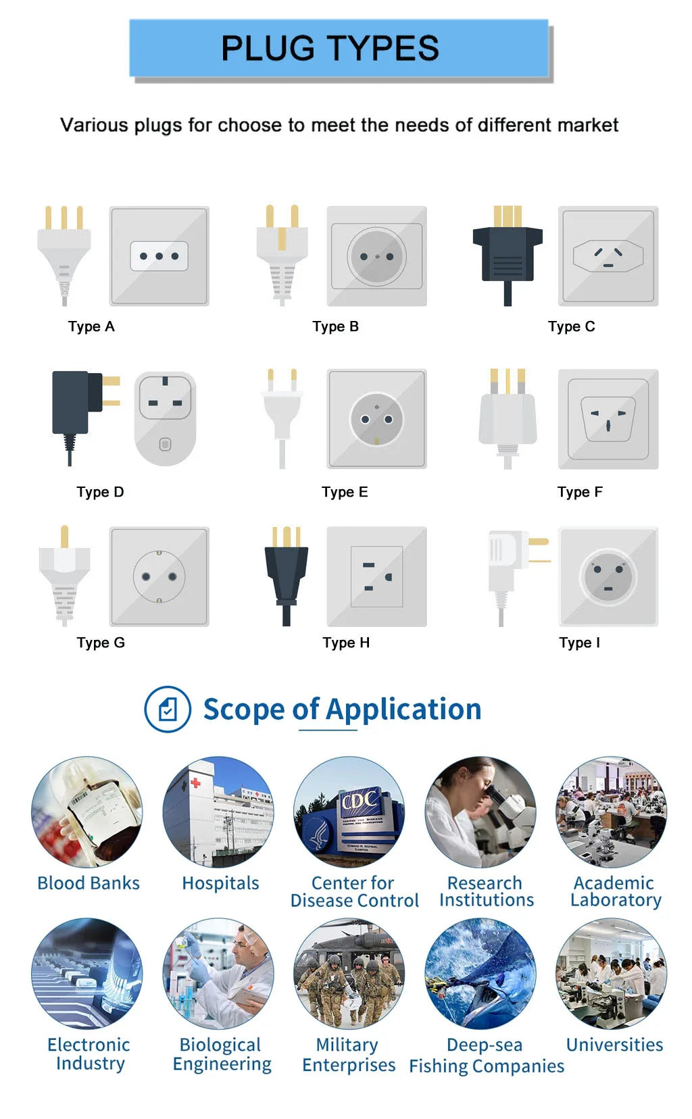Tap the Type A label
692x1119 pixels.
click(91, 326)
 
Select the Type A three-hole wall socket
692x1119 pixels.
click(159, 256)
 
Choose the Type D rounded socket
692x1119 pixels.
click(165, 419)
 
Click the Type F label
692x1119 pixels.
click(580, 492)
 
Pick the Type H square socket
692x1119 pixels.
click(376, 576)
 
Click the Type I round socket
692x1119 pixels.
click(608, 576)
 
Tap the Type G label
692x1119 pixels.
click(101, 643)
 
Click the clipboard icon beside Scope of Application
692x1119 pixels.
click(168, 710)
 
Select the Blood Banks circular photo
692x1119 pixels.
click(87, 812)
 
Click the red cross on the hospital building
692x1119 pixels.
click(195, 782)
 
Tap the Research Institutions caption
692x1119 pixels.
click(486, 891)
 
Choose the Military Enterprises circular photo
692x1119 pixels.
click(349, 974)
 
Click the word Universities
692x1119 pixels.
click(614, 1045)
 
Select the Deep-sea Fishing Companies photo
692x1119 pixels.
click(480, 974)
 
